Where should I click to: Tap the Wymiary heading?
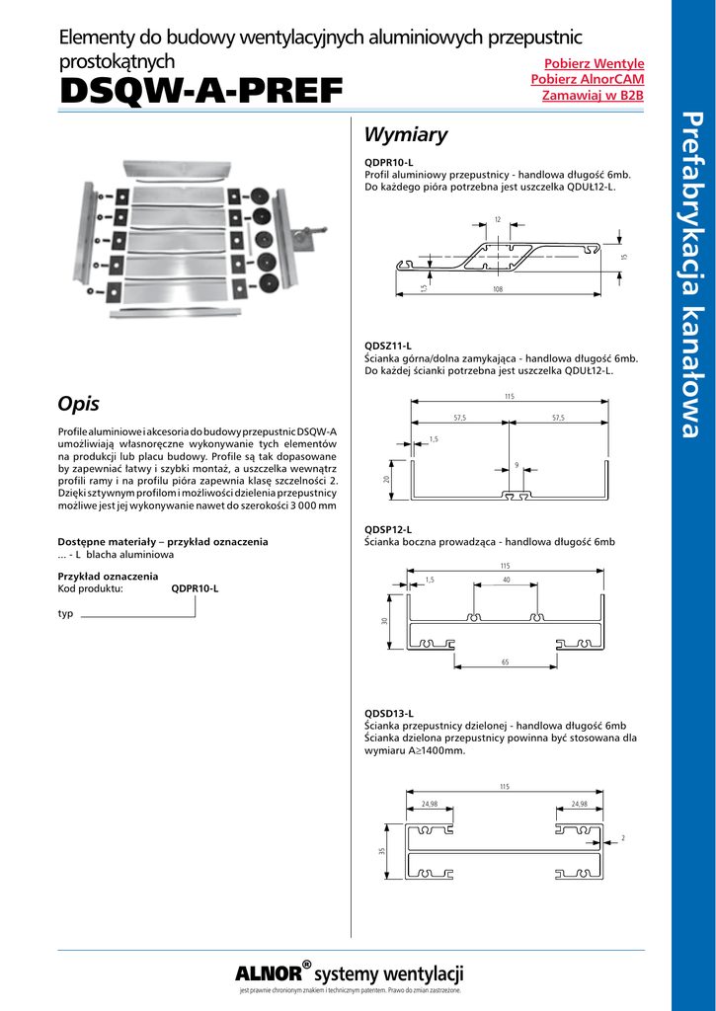pyautogui.click(x=406, y=135)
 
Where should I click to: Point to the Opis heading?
pyautogui.click(x=79, y=403)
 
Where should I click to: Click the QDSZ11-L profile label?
pyautogui.click(x=388, y=346)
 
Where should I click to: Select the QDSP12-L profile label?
pyautogui.click(x=388, y=529)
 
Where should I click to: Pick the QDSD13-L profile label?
pyautogui.click(x=389, y=713)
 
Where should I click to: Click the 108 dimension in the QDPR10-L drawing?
pyautogui.click(x=498, y=289)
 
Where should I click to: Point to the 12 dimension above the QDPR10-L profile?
pyautogui.click(x=498, y=219)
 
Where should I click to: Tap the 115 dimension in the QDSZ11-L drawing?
pyautogui.click(x=509, y=396)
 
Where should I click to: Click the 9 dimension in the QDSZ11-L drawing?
pyautogui.click(x=517, y=465)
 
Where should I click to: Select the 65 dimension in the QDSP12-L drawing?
pyautogui.click(x=505, y=662)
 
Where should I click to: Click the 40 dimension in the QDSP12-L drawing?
pyautogui.click(x=506, y=580)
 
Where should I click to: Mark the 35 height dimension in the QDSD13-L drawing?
pyautogui.click(x=381, y=850)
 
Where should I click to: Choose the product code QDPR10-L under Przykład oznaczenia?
pyautogui.click(x=195, y=588)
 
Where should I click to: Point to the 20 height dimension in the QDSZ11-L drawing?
pyautogui.click(x=386, y=479)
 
